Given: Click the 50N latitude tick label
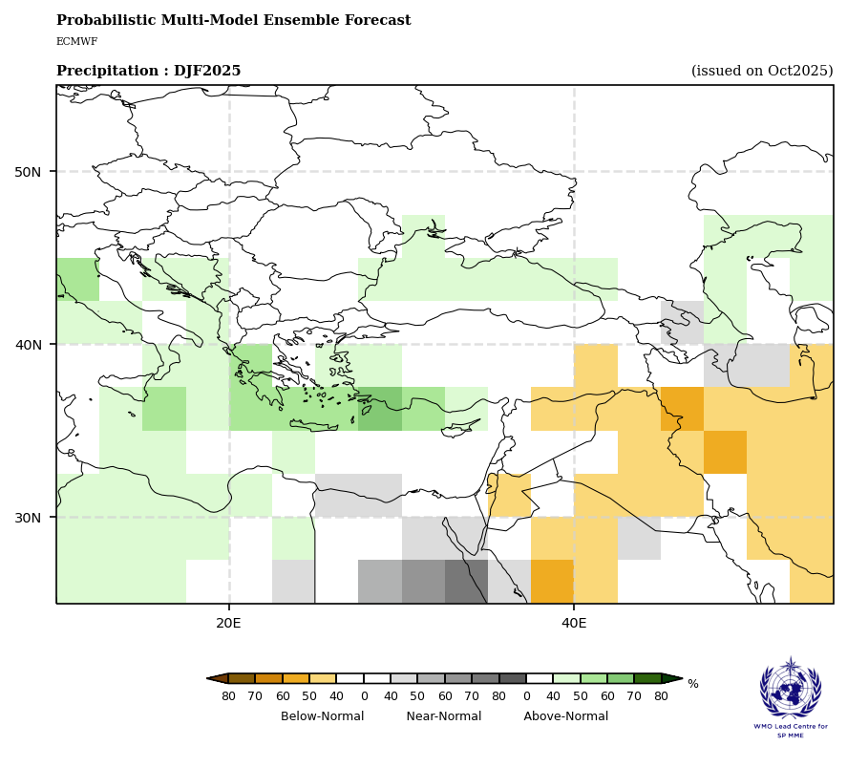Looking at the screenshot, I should [28, 172].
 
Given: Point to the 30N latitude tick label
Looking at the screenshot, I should [28, 518].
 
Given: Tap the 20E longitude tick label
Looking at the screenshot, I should [229, 623].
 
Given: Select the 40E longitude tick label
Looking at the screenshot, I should [574, 623].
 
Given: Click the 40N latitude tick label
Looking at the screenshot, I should [28, 345].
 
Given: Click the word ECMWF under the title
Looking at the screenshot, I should [76, 42].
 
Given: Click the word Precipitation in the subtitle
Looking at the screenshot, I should [105, 72].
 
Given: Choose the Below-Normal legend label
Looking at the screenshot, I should [322, 716].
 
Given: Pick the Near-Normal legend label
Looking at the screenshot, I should [444, 716].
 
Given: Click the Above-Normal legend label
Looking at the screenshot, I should [565, 716].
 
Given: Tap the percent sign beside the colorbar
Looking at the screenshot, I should [693, 684].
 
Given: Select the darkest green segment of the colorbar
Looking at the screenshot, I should [647, 678].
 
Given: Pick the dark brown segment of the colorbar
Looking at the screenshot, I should [242, 678].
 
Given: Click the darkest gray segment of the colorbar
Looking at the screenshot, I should [512, 678].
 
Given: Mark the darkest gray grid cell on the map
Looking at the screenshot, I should [466, 582].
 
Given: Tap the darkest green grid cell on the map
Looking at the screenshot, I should [379, 409].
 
